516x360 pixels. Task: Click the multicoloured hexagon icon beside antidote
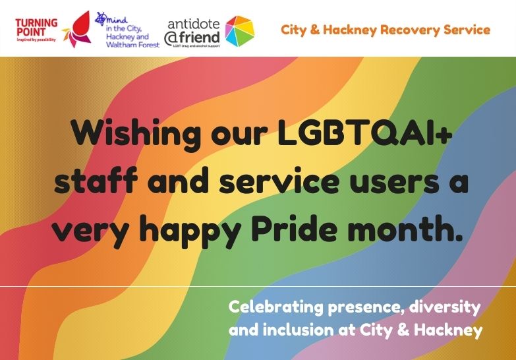click(x=239, y=30)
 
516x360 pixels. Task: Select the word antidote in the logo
click(x=192, y=20)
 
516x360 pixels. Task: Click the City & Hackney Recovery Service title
click(x=386, y=30)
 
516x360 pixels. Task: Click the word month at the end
click(x=413, y=231)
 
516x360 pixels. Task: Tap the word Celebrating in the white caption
click(x=276, y=307)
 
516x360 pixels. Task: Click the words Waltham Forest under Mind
click(x=129, y=45)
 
